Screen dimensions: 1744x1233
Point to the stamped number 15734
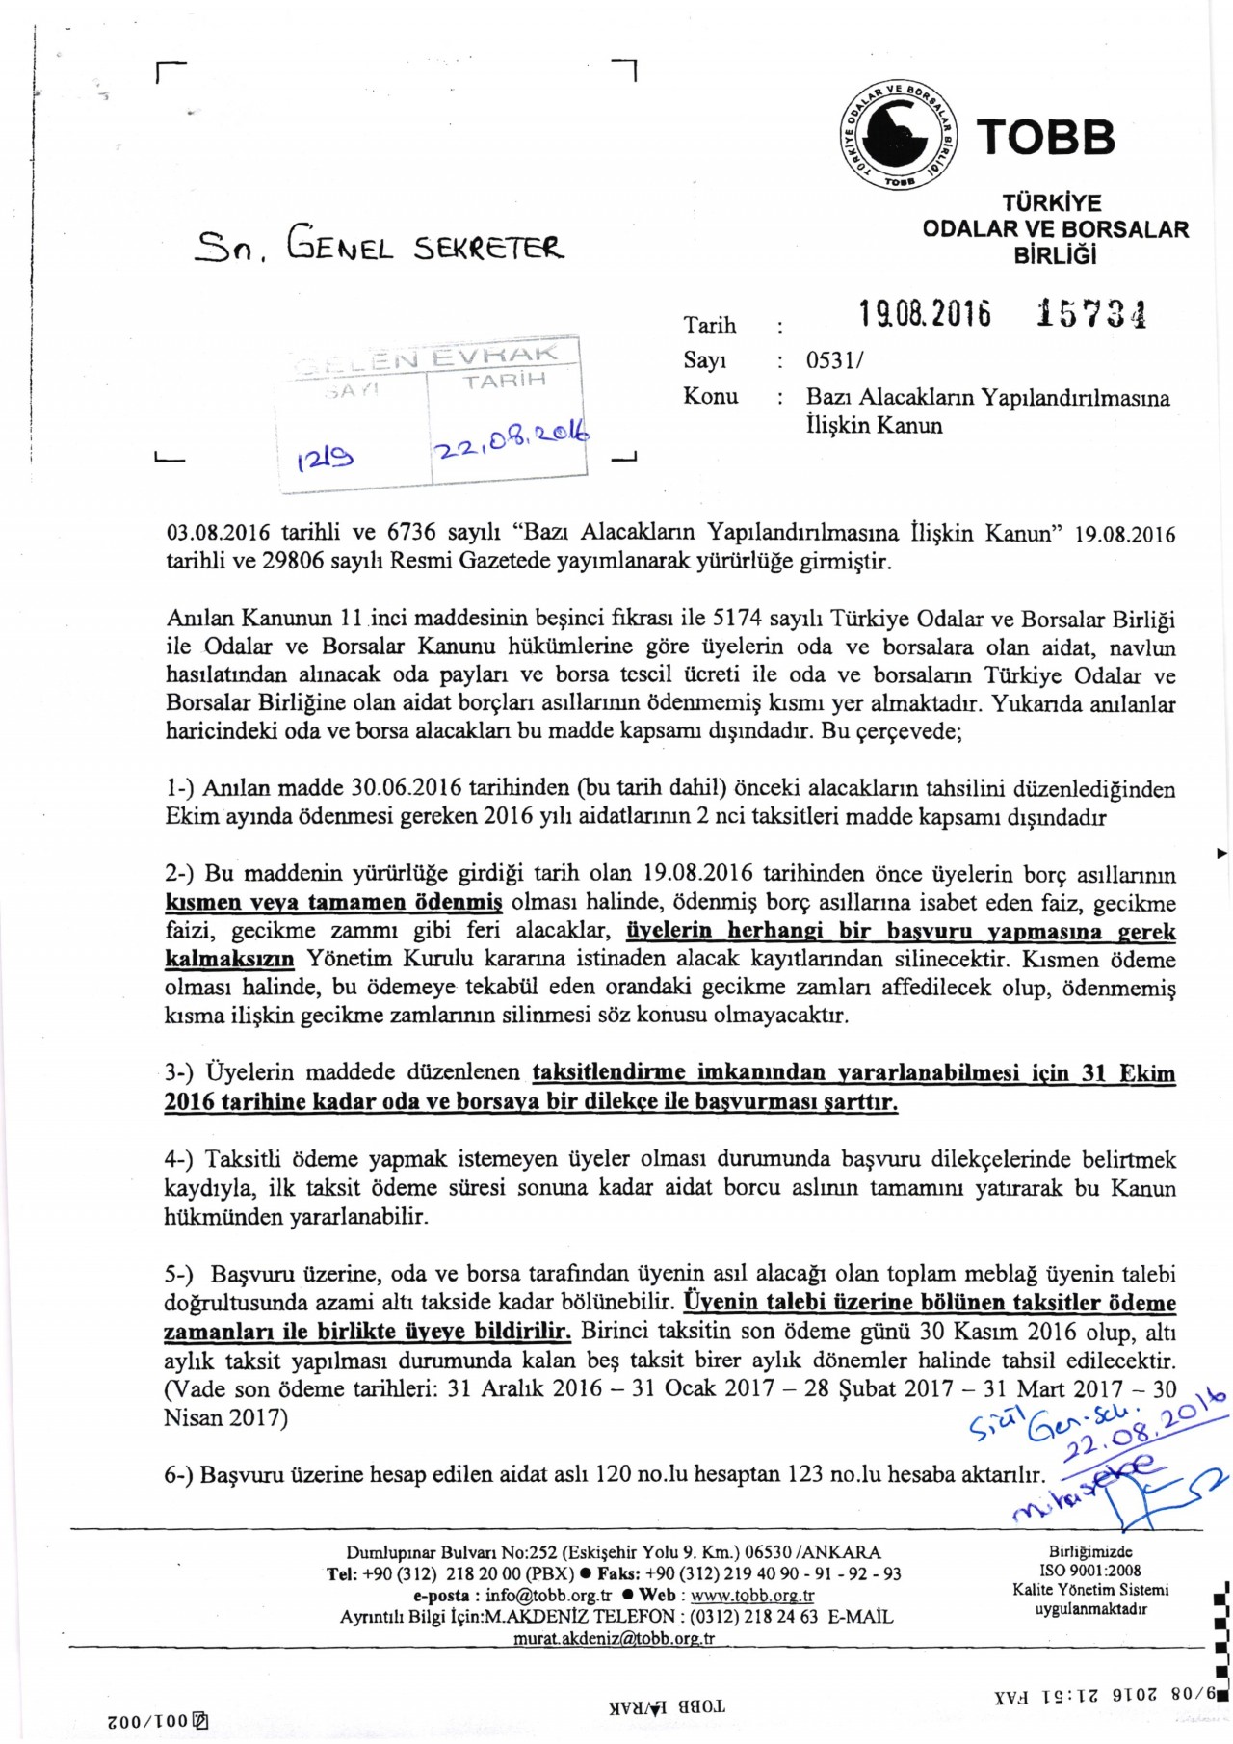pos(1091,314)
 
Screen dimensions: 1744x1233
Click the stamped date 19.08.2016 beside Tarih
pos(925,314)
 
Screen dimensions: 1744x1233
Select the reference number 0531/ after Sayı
pos(835,361)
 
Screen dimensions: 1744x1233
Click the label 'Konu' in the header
pos(711,396)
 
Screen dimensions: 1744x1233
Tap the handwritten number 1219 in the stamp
pos(326,459)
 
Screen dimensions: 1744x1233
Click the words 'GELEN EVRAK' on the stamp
pos(433,358)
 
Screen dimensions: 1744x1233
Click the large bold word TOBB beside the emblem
pos(1046,138)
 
